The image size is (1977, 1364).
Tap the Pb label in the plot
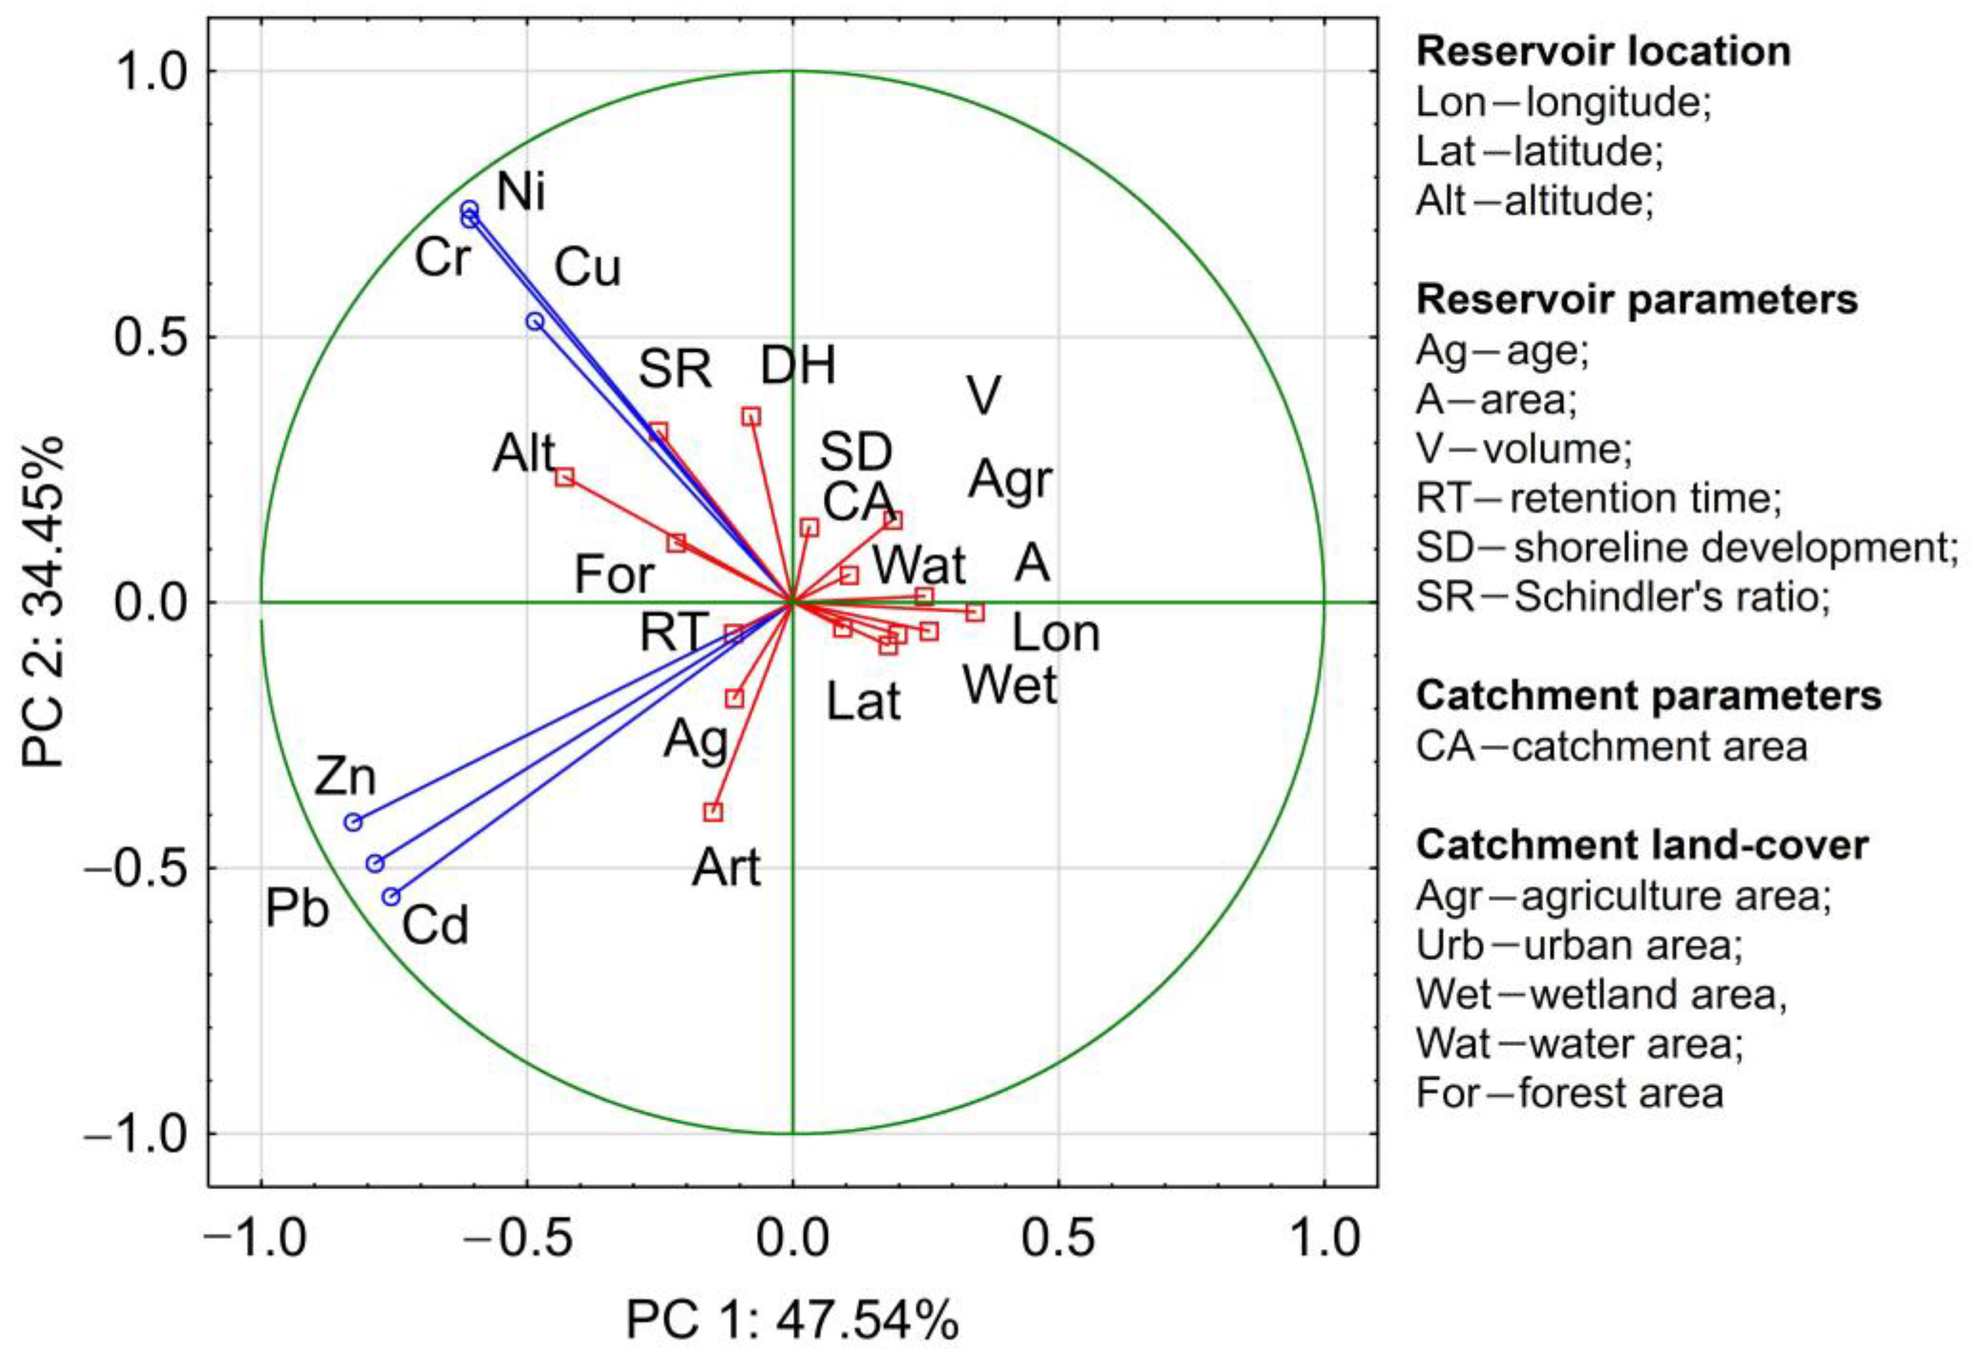[296, 909]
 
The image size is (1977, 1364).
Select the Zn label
[345, 778]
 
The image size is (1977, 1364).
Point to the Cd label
[435, 926]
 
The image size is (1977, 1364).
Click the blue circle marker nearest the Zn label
[353, 822]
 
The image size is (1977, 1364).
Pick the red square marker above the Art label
[713, 811]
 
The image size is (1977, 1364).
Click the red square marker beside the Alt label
[564, 477]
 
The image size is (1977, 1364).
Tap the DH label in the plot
[798, 366]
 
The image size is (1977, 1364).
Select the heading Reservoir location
[1602, 52]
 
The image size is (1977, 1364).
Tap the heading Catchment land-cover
[1642, 845]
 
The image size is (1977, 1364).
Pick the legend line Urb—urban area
[1579, 945]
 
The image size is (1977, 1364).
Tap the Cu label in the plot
[587, 268]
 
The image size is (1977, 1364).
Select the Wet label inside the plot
[1009, 685]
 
